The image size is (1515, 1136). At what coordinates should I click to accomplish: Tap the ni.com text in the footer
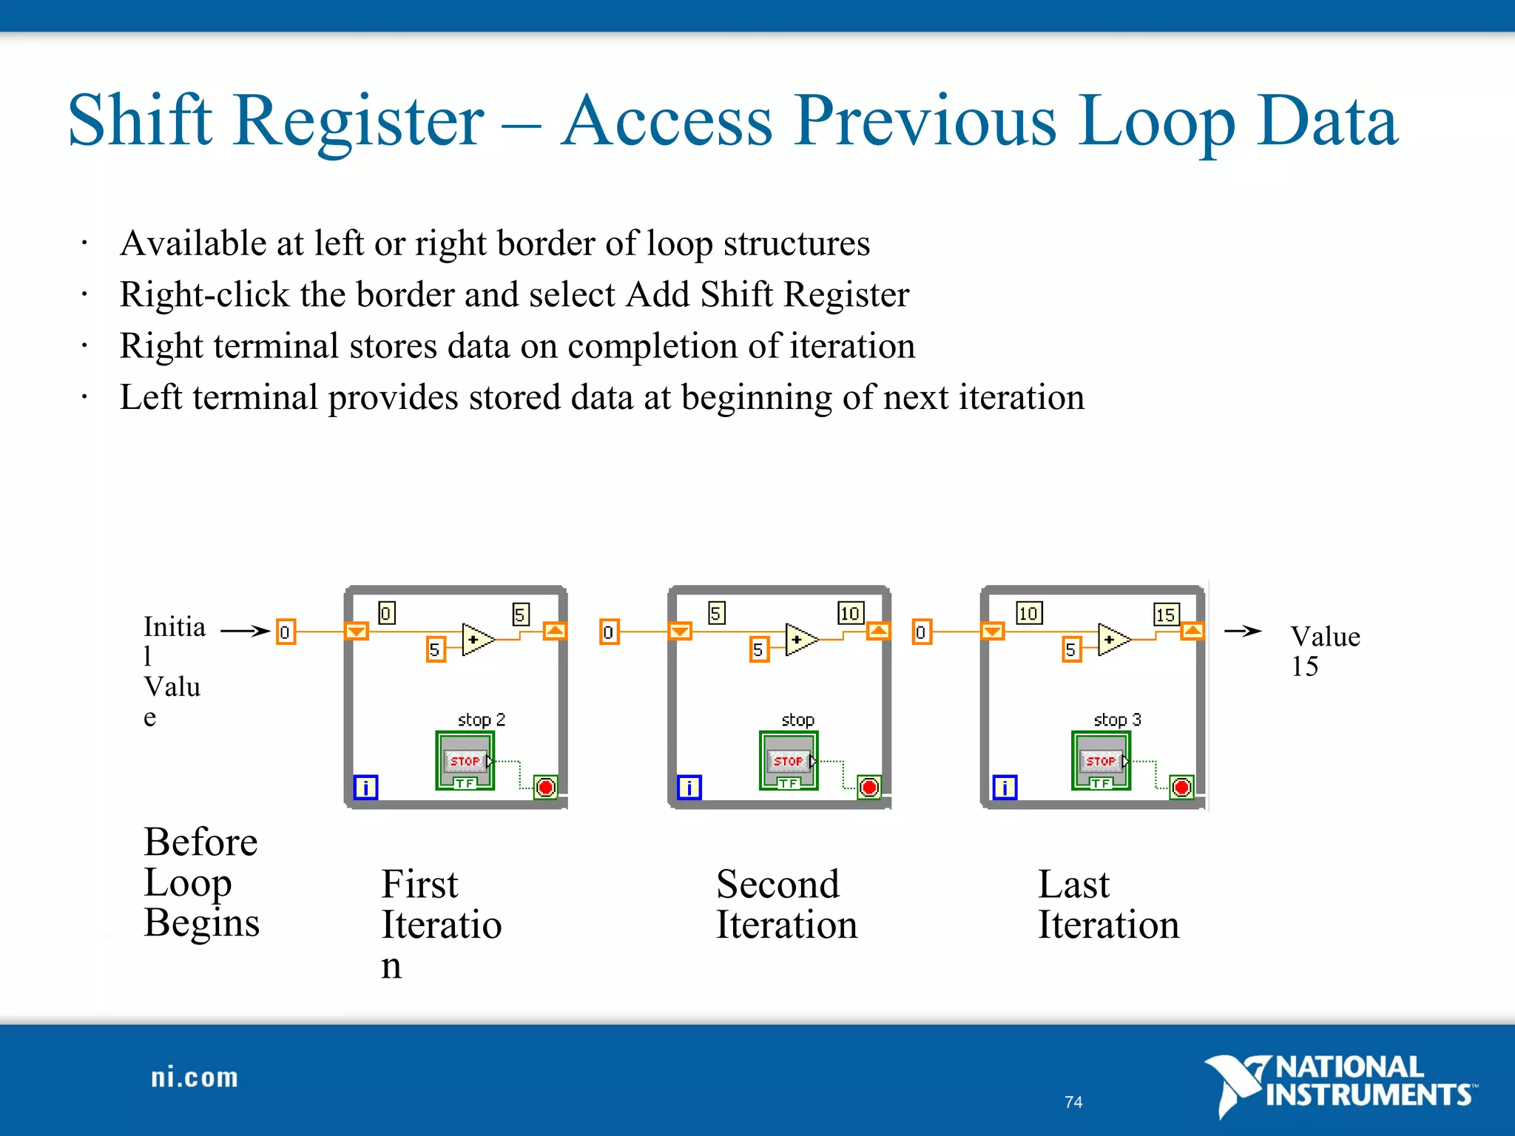pyautogui.click(x=194, y=1078)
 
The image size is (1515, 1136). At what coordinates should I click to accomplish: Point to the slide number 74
pyautogui.click(x=1073, y=1102)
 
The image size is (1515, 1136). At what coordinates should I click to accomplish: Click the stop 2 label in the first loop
pyautogui.click(x=481, y=720)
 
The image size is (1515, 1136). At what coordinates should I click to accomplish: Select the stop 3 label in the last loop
pyautogui.click(x=1117, y=720)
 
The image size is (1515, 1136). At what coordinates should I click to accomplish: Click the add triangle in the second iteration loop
pyautogui.click(x=800, y=640)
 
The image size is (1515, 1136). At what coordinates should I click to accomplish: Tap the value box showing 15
pyautogui.click(x=1166, y=614)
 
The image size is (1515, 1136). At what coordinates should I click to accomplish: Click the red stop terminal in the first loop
pyautogui.click(x=546, y=787)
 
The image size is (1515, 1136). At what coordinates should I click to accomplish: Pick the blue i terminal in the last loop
pyautogui.click(x=1005, y=787)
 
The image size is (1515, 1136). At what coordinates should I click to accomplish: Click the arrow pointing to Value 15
pyautogui.click(x=1243, y=631)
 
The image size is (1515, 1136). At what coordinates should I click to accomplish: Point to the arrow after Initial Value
pyautogui.click(x=245, y=631)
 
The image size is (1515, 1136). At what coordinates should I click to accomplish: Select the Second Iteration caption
pyautogui.click(x=786, y=905)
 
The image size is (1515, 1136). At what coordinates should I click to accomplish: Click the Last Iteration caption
pyautogui.click(x=1107, y=905)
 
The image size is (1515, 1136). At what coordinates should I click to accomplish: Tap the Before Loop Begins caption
pyautogui.click(x=201, y=882)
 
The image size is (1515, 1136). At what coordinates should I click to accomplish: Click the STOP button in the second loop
pyautogui.click(x=789, y=760)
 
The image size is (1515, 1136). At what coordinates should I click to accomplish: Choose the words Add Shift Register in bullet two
pyautogui.click(x=767, y=294)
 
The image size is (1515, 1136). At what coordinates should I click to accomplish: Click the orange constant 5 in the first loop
pyautogui.click(x=435, y=649)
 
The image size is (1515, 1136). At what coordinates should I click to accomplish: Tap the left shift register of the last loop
pyautogui.click(x=993, y=632)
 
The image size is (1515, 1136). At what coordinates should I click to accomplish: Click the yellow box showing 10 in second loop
pyautogui.click(x=850, y=613)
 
